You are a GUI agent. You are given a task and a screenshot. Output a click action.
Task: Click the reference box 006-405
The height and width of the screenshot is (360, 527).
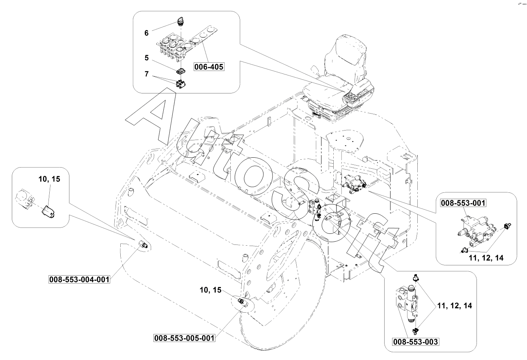[x=209, y=67]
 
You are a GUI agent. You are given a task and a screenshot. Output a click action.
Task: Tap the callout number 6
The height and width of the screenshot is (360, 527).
[x=146, y=33]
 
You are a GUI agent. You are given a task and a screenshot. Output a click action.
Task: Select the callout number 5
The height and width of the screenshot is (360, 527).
[x=147, y=58]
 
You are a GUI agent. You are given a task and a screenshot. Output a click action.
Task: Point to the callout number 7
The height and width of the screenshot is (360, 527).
[x=147, y=74]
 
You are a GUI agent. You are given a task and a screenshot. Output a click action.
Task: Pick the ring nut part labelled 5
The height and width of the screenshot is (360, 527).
[x=180, y=71]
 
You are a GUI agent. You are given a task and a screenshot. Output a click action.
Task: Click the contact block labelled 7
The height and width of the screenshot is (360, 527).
[x=181, y=84]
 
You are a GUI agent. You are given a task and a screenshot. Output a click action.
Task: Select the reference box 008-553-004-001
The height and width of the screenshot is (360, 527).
[x=80, y=280]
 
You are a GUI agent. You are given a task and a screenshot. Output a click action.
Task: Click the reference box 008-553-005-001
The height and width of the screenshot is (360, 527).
[x=184, y=338]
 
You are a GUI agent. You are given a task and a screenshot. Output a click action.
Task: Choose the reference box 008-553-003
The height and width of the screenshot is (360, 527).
[x=415, y=341]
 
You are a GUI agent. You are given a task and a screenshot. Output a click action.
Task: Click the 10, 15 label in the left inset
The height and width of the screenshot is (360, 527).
[x=49, y=179]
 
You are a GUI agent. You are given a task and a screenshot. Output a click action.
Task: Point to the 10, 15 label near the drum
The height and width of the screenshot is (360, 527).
[x=211, y=290]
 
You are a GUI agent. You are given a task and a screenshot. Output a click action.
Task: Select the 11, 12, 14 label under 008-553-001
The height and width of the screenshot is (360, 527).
[x=486, y=258]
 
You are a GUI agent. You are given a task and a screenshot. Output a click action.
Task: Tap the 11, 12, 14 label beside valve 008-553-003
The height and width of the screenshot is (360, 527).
[x=454, y=306]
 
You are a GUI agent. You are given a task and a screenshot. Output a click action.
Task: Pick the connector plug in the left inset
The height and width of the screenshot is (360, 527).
[x=48, y=211]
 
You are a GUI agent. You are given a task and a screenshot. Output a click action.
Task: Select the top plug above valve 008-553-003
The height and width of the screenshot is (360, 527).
[x=416, y=278]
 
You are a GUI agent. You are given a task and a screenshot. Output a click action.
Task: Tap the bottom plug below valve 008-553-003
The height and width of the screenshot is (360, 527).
[x=416, y=331]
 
